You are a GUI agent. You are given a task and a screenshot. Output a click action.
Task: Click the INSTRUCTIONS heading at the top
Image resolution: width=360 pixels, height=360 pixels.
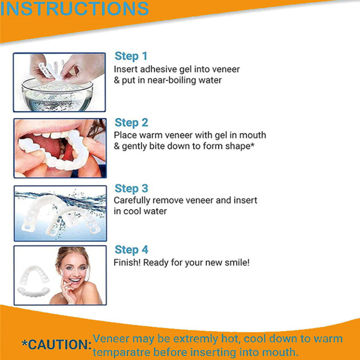click(x=75, y=9)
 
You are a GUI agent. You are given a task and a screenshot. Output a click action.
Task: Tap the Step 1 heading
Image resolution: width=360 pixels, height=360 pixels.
click(x=131, y=56)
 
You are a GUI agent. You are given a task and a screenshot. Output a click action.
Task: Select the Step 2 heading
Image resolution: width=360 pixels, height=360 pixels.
click(x=131, y=122)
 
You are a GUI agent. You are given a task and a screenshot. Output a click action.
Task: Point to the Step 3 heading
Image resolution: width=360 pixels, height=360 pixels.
click(x=131, y=189)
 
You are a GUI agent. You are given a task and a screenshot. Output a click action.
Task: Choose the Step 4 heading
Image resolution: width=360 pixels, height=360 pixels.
click(x=131, y=250)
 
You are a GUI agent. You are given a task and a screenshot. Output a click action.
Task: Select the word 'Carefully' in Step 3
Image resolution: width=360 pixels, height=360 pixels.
click(x=132, y=200)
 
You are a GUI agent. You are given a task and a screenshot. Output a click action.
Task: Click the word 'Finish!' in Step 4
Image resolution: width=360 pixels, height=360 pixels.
click(x=127, y=262)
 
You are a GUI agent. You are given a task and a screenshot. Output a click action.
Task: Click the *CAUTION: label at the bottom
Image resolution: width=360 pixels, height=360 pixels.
click(x=57, y=344)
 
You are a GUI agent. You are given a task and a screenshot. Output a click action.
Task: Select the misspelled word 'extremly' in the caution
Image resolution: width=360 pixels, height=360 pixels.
click(x=195, y=339)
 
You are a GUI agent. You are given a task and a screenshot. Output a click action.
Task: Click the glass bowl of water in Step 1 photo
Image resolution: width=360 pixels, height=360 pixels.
click(x=58, y=95)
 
